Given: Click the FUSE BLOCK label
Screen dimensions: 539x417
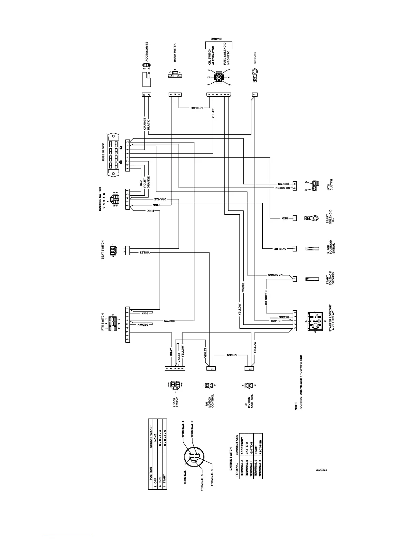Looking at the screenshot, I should coord(104,152).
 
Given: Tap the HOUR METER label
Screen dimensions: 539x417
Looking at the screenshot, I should coord(175,52).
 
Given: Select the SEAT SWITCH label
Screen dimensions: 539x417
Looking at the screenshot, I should coord(103,250).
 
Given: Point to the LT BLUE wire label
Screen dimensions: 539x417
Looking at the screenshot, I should coord(197,108).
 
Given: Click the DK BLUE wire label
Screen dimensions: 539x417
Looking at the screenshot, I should coord(280,249).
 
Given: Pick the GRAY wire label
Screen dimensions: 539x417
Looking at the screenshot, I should coord(171,352).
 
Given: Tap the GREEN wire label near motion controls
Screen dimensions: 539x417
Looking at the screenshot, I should coord(232,355).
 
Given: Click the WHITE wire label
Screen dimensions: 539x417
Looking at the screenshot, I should coord(243,288).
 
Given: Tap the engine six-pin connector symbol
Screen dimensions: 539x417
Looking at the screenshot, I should coord(218,77).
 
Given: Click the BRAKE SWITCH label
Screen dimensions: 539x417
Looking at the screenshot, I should coord(175,403).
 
